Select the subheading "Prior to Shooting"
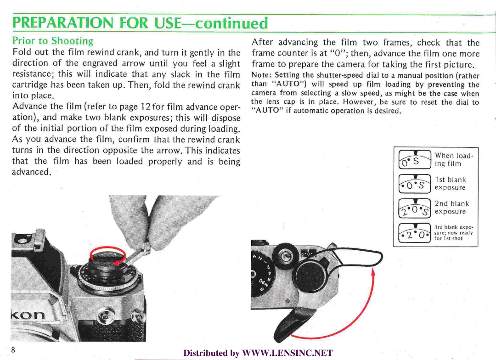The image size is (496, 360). [52, 41]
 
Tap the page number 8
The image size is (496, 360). [13, 350]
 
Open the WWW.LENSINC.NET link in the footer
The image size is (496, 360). [287, 353]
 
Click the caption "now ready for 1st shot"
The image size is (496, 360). [453, 236]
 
